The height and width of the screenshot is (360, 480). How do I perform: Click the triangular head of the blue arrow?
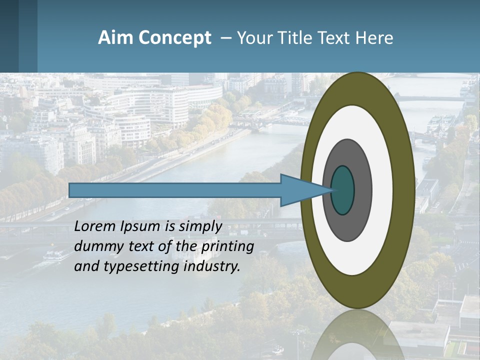pyautogui.click(x=300, y=190)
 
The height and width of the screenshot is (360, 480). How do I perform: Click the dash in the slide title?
pyautogui.click(x=226, y=38)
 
